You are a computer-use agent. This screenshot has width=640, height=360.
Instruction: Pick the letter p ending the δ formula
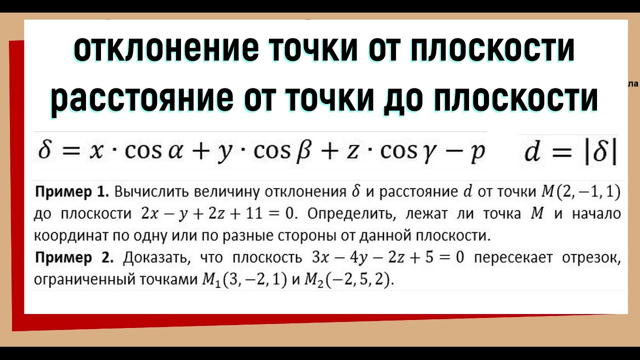478,153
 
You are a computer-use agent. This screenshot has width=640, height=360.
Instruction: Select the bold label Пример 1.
72,191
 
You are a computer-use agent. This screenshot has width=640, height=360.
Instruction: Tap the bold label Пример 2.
74,258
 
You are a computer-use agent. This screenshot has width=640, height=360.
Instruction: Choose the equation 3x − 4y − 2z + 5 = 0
388,258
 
